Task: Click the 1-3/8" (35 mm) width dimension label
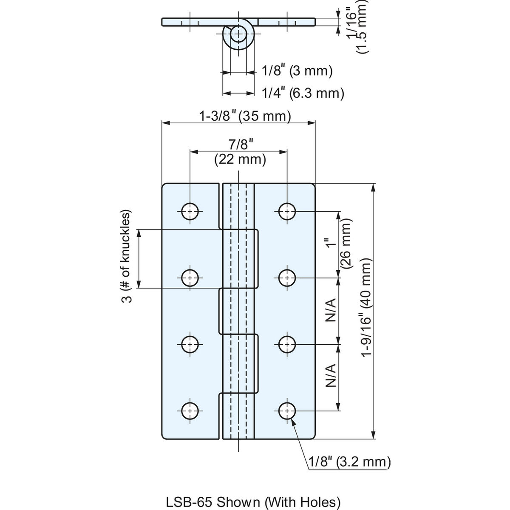tap(245, 116)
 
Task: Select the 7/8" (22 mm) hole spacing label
tap(240, 152)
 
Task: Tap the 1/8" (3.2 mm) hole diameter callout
tap(350, 462)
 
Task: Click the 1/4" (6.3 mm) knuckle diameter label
tap(303, 93)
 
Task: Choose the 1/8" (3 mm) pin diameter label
tap(297, 71)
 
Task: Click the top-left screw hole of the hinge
tap(190, 212)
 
